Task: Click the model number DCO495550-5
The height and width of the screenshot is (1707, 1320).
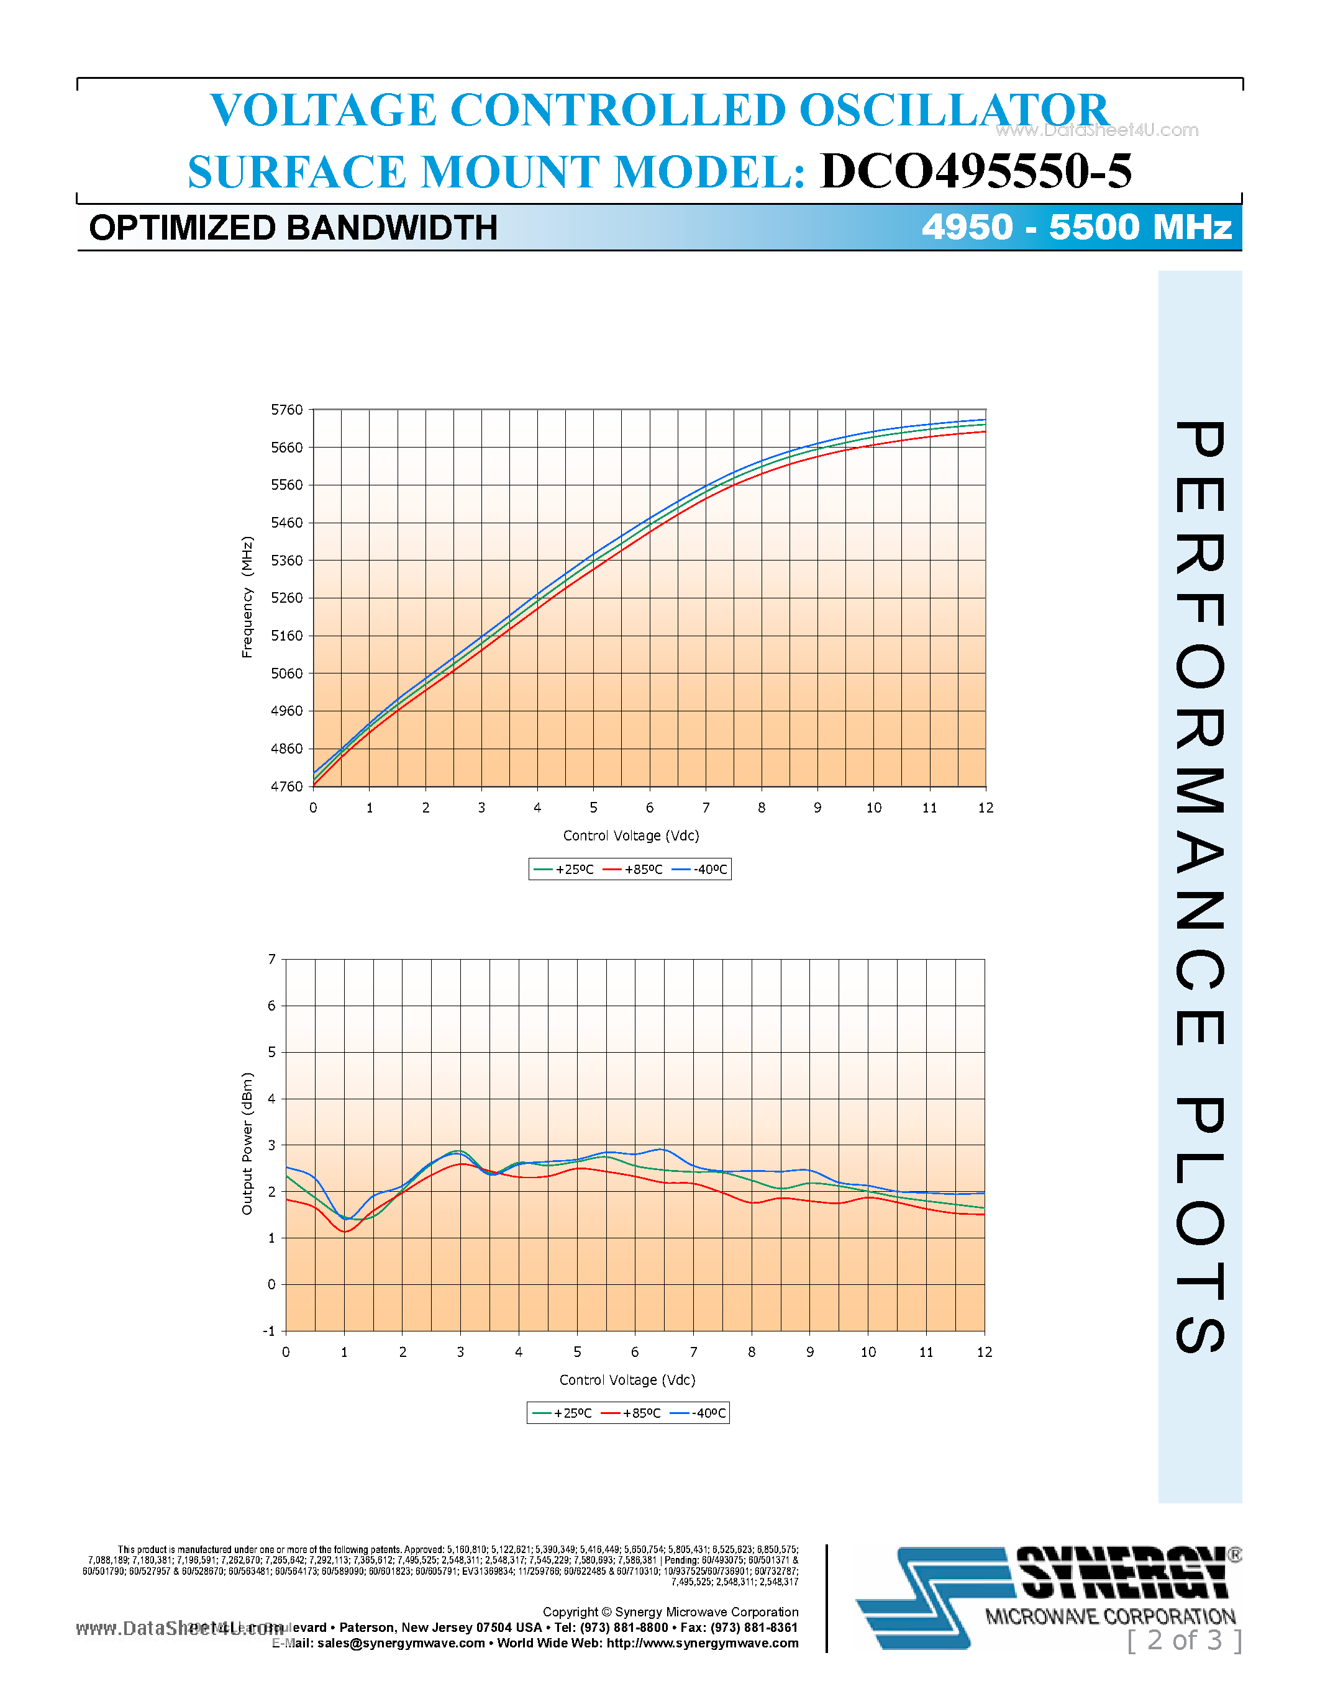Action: tap(975, 171)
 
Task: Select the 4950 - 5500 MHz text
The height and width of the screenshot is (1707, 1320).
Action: tap(1076, 227)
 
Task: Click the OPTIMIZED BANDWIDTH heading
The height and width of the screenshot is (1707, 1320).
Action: tap(293, 228)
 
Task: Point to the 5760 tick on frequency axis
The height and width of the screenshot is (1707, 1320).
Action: tap(286, 410)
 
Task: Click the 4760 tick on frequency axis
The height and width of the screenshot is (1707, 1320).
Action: tap(286, 786)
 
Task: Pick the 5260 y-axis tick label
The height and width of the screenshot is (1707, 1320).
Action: tap(286, 598)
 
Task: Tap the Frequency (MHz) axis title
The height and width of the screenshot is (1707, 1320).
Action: tap(247, 597)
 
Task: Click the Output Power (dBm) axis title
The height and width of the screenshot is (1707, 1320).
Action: tap(247, 1143)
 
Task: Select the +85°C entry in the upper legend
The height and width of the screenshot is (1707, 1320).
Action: tap(634, 869)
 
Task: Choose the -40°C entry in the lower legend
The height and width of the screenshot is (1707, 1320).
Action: tap(700, 1413)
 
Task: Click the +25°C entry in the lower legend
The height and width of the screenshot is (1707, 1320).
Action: tap(563, 1413)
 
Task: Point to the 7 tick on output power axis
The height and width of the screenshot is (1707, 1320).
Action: tap(272, 959)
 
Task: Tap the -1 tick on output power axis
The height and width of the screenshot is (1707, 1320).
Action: tap(269, 1331)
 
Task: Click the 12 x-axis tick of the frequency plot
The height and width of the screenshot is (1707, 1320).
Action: tap(985, 808)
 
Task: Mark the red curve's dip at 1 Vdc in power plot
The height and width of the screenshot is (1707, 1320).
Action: tap(345, 1232)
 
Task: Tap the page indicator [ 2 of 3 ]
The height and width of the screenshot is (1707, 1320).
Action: tap(1184, 1640)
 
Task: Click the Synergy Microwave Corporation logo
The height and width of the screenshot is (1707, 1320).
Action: tap(1048, 1596)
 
